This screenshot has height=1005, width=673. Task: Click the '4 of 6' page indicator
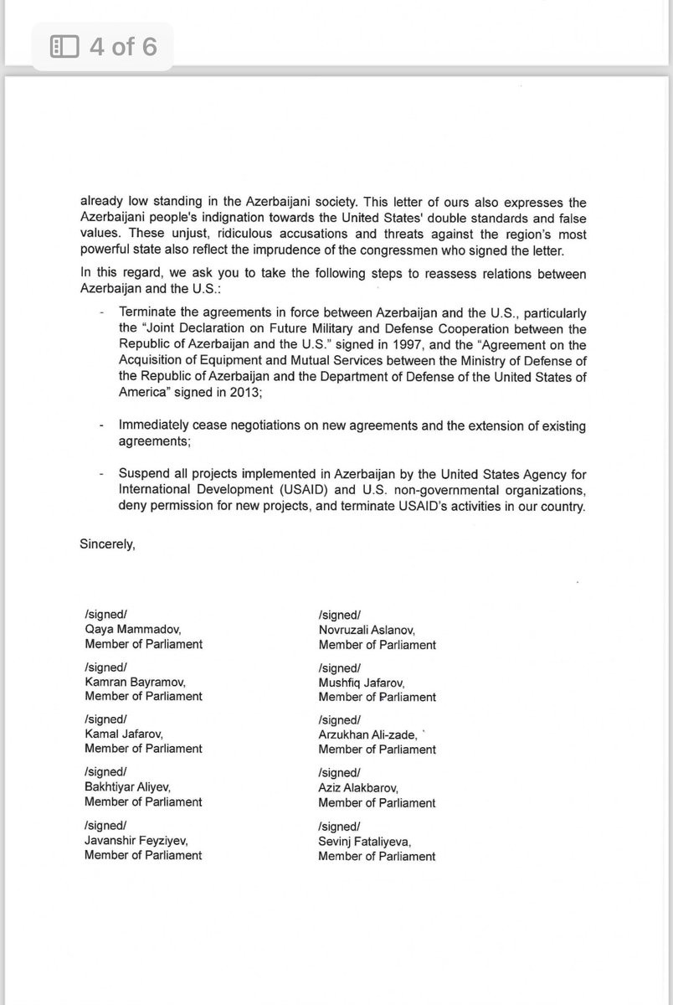(x=122, y=46)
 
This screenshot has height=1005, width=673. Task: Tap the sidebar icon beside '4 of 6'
(x=64, y=46)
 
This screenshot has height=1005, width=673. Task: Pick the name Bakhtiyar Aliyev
(x=127, y=787)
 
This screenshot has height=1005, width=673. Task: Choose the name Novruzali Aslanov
(x=367, y=630)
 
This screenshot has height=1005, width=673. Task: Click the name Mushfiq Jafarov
(x=362, y=683)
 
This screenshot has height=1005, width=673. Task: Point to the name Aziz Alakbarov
(x=358, y=788)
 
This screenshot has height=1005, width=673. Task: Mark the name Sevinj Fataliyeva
(x=365, y=841)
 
